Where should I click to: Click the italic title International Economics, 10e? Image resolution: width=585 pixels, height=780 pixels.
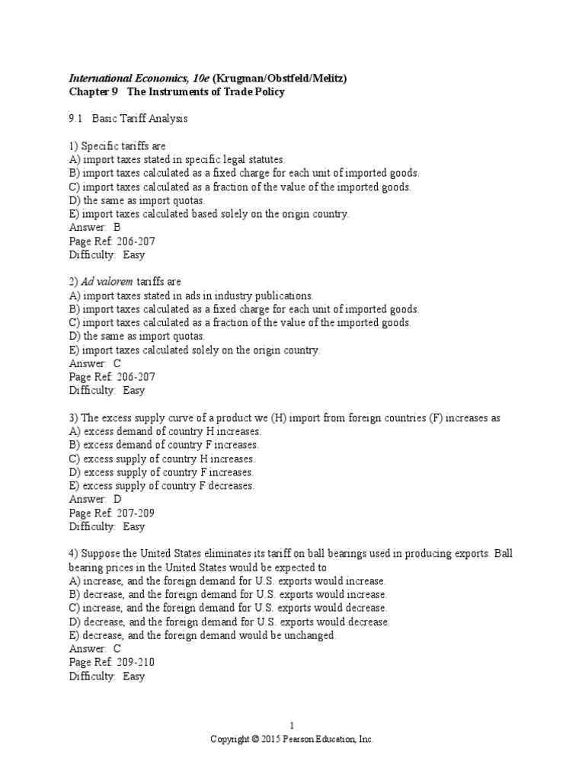tap(139, 78)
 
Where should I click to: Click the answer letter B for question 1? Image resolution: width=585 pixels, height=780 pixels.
tap(117, 227)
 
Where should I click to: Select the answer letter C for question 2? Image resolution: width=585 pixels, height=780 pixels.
tap(117, 363)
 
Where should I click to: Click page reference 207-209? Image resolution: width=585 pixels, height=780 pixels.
tap(137, 513)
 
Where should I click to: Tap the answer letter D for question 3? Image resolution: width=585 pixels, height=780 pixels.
tap(117, 499)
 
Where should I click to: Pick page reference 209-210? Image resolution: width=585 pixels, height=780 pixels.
tap(137, 663)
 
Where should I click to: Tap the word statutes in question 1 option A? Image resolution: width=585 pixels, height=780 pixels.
tap(265, 159)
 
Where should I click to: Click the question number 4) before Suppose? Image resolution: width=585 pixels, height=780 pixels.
tap(74, 554)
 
